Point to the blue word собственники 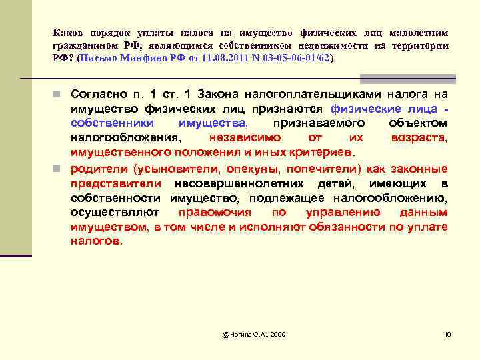coord(112,124)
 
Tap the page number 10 coord(447,333)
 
